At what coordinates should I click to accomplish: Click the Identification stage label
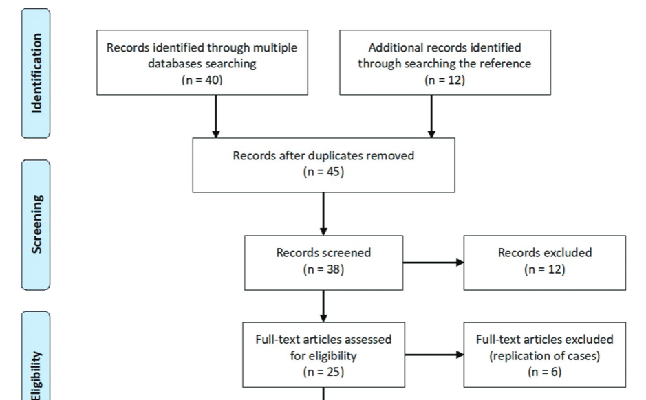tap(36, 72)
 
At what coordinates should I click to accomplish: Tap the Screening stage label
tap(36, 225)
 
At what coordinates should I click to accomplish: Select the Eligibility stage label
tap(36, 375)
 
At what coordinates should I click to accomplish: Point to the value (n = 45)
tap(323, 172)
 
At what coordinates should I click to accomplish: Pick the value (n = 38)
tap(323, 269)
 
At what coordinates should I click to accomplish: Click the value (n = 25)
tap(323, 372)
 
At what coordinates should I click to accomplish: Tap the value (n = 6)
tap(544, 372)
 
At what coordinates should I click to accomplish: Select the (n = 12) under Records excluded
tap(544, 269)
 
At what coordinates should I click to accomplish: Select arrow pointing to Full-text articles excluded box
tap(434, 355)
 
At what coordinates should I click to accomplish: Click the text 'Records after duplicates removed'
tap(323, 155)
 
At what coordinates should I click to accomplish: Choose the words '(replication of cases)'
tap(544, 356)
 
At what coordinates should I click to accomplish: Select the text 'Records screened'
tap(323, 253)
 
